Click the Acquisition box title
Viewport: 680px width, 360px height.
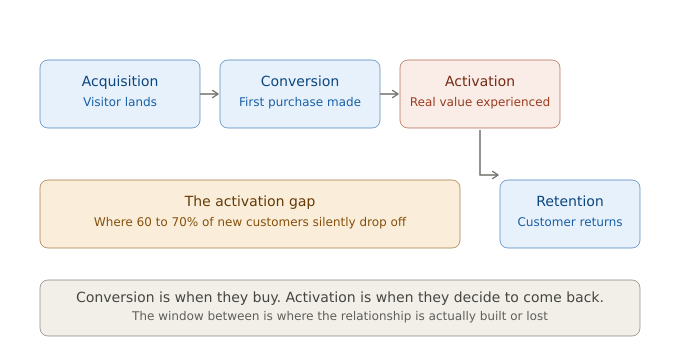click(x=120, y=81)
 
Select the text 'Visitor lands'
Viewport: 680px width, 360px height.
click(x=120, y=102)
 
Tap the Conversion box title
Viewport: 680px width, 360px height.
click(x=300, y=81)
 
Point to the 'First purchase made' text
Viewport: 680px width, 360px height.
click(x=300, y=102)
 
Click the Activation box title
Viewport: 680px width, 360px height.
click(x=480, y=81)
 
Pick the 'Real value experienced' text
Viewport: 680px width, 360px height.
click(x=480, y=102)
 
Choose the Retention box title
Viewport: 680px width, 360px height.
click(x=570, y=201)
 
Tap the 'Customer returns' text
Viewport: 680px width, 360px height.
click(x=570, y=222)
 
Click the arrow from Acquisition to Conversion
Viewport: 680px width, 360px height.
click(x=210, y=94)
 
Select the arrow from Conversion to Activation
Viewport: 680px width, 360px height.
click(x=390, y=94)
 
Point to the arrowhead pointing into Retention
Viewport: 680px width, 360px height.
click(x=495, y=175)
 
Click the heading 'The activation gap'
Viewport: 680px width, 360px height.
click(x=250, y=201)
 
